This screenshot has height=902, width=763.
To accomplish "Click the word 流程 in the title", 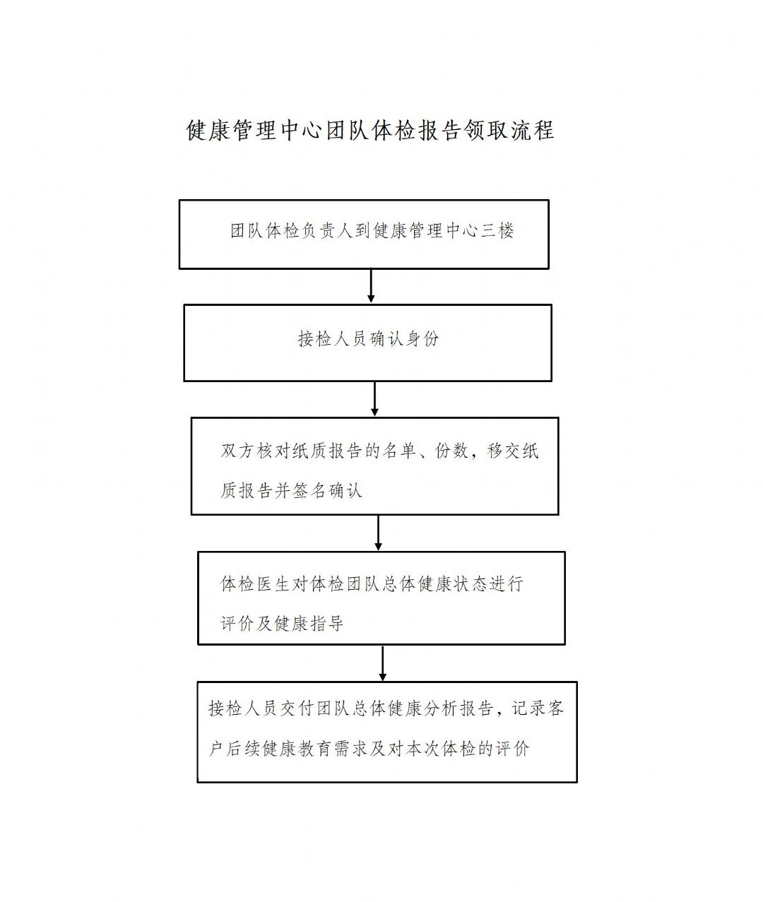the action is (533, 130).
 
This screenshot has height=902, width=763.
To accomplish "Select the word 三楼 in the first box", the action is (497, 231).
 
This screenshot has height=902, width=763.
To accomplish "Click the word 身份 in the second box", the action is (422, 339).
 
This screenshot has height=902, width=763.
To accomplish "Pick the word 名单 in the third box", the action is (399, 451).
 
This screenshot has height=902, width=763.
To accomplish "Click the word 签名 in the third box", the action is (309, 491).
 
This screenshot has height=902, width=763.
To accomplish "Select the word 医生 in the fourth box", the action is (273, 584).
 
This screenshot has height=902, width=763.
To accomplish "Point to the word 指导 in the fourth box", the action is (327, 624).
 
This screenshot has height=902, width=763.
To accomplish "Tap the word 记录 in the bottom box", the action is (528, 708).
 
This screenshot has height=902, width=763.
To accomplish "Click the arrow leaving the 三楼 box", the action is (371, 286).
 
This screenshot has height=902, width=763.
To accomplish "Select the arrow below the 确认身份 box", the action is (374, 399).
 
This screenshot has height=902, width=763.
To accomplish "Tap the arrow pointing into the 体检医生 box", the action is (379, 533).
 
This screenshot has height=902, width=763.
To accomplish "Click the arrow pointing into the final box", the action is (382, 663).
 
